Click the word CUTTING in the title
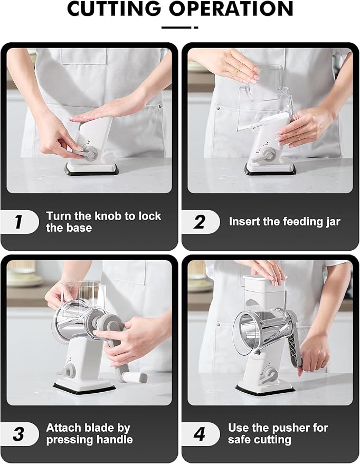(114, 10)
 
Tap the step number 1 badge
(19, 222)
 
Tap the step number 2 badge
(200, 222)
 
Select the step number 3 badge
(19, 434)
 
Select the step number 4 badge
(200, 434)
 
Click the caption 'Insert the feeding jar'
(285, 222)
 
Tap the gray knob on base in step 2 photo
(269, 155)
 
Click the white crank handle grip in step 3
(137, 377)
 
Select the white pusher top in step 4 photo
(262, 285)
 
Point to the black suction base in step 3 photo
(84, 388)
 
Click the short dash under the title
(179, 27)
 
